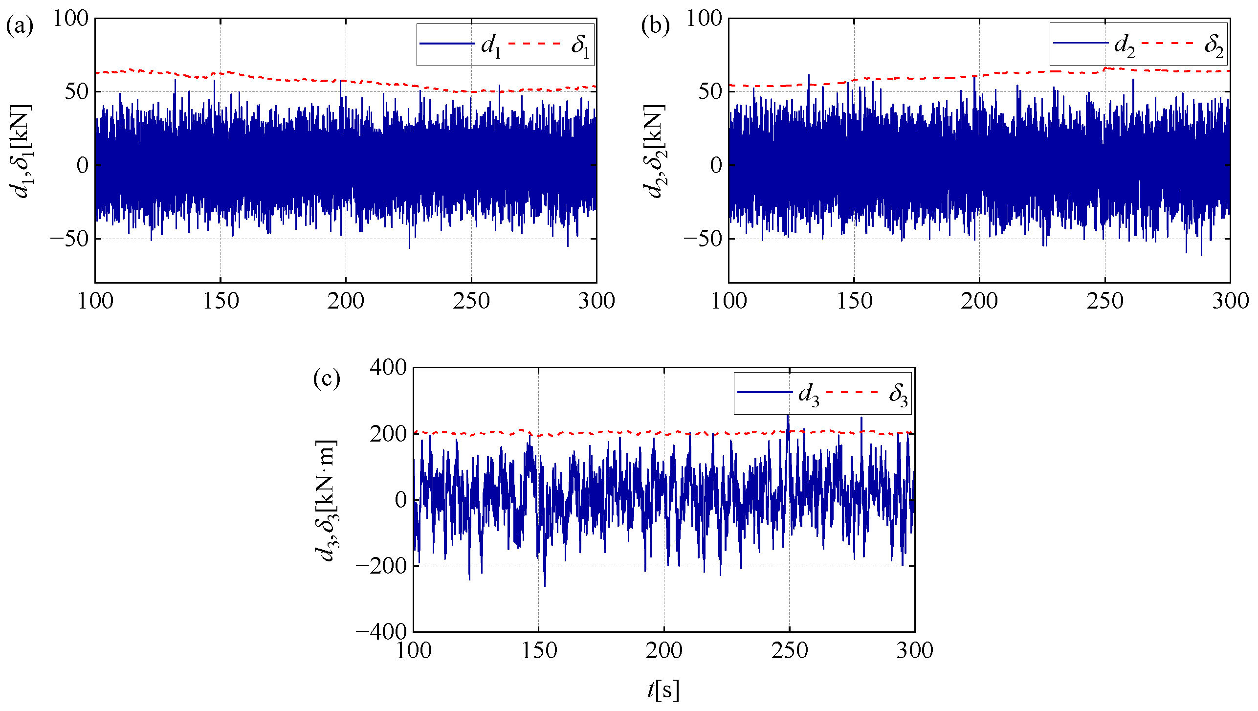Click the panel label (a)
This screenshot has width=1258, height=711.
(20, 26)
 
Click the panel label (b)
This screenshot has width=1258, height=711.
(655, 26)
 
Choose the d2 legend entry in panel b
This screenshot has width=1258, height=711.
(1124, 45)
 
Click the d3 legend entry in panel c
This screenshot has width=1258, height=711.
(808, 394)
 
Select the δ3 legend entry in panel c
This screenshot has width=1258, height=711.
(898, 394)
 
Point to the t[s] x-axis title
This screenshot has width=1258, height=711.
(663, 689)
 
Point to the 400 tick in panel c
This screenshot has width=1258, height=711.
(388, 367)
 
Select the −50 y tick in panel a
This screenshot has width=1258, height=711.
(69, 239)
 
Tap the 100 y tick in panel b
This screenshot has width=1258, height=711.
(704, 19)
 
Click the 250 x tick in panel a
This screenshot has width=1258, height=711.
(471, 301)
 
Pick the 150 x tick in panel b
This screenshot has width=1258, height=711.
(855, 301)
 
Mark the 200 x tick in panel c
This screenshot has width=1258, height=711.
(663, 650)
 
